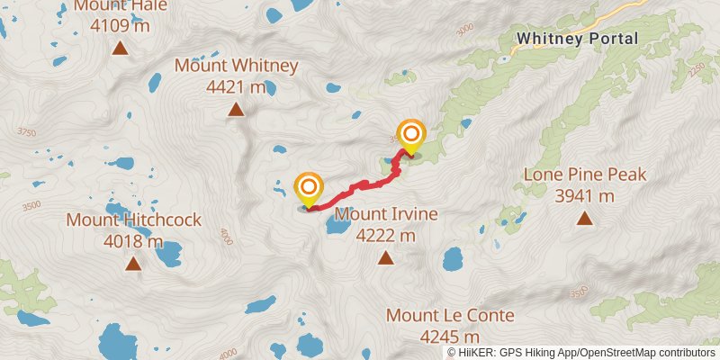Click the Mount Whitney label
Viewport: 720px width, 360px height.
point(236,66)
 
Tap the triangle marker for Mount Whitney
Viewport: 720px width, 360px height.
point(236,110)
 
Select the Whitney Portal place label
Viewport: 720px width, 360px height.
point(577,39)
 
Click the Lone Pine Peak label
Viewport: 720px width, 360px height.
point(585,175)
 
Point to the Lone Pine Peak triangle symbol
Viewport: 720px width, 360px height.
point(585,217)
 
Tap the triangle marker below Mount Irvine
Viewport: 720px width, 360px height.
point(385,258)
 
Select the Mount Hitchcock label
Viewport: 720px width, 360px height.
point(133,220)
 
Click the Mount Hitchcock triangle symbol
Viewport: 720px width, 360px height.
point(133,264)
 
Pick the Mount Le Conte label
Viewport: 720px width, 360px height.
point(450,316)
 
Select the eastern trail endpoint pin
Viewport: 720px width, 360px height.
point(411,136)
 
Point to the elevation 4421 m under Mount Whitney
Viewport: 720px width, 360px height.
point(236,87)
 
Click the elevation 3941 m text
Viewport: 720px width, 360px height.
point(585,195)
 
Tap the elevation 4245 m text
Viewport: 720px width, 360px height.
point(450,337)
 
